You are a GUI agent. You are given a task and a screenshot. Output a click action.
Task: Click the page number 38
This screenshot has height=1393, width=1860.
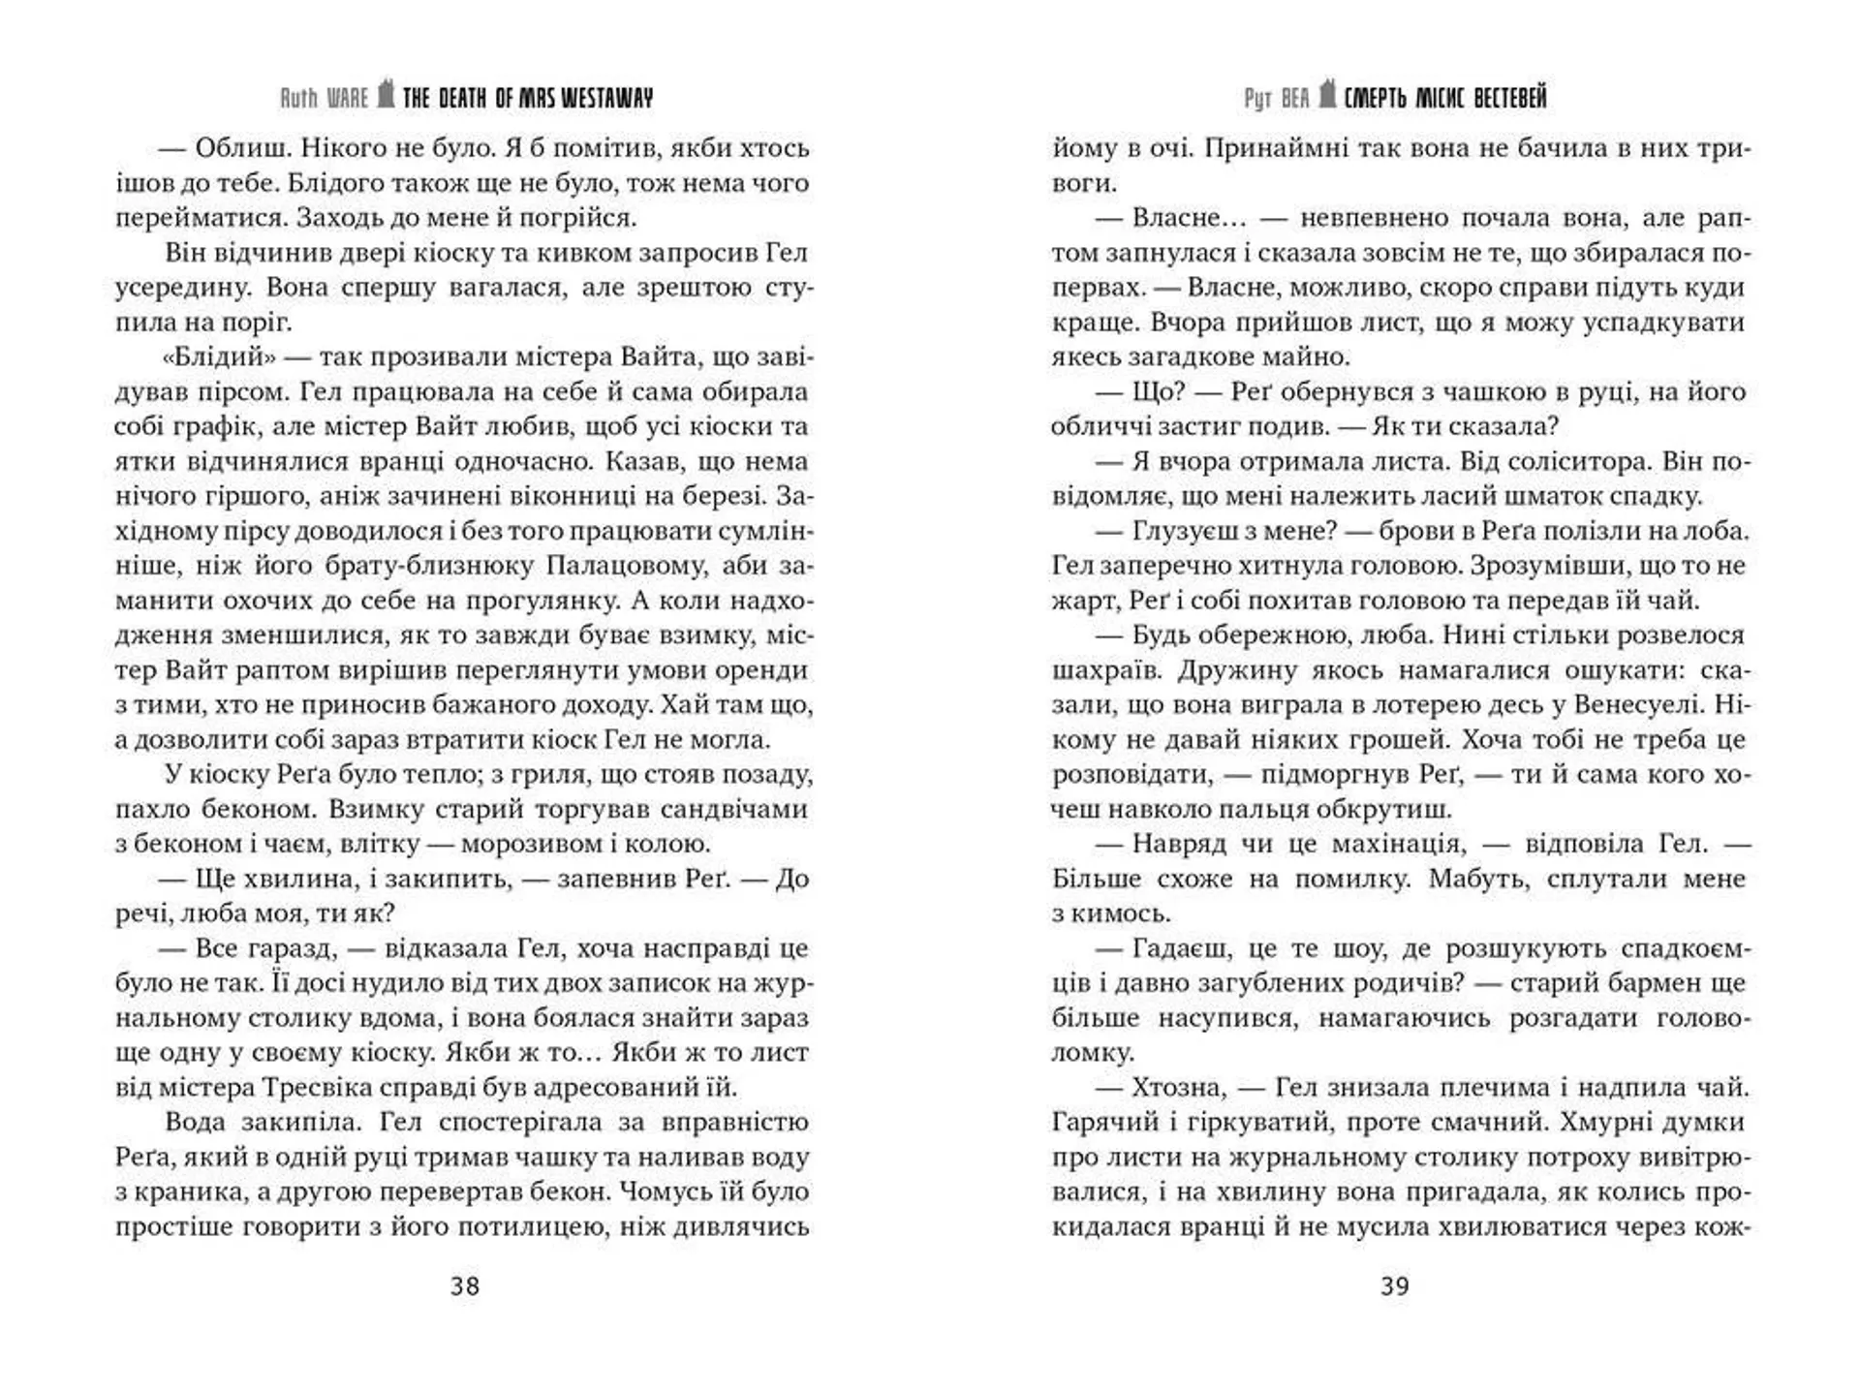click(465, 1286)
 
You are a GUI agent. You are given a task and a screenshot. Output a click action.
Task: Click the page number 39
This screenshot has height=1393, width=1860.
click(1395, 1286)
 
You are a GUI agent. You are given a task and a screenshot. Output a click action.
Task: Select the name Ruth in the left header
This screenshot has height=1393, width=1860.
click(298, 98)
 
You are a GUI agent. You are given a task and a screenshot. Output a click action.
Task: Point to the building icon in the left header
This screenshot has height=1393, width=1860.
click(386, 94)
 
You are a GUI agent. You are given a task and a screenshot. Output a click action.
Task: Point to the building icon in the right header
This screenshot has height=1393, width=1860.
click(1327, 94)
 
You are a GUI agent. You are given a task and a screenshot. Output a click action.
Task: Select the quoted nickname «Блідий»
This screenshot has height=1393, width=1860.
click(220, 356)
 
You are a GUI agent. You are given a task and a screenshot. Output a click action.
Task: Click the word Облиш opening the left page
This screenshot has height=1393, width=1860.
click(238, 148)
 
